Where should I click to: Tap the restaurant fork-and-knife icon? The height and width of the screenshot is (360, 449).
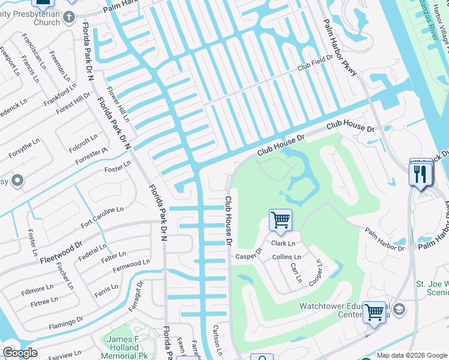tap(420, 174)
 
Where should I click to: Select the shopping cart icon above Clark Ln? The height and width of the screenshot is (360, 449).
tap(280, 220)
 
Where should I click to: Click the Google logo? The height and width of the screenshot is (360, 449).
tap(20, 353)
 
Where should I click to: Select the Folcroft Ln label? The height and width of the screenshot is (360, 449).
tap(83, 142)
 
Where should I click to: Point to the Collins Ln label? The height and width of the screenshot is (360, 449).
tap(286, 257)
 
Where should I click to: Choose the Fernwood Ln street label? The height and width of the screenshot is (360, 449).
tap(131, 264)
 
